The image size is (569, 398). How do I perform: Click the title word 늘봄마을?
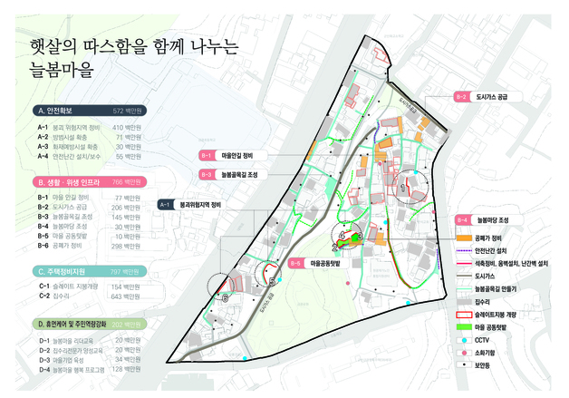pos(60,70)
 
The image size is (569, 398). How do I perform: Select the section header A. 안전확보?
pos(63,111)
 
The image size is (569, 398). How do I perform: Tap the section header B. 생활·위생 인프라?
pos(77,181)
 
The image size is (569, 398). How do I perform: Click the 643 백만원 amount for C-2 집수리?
pos(126,296)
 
